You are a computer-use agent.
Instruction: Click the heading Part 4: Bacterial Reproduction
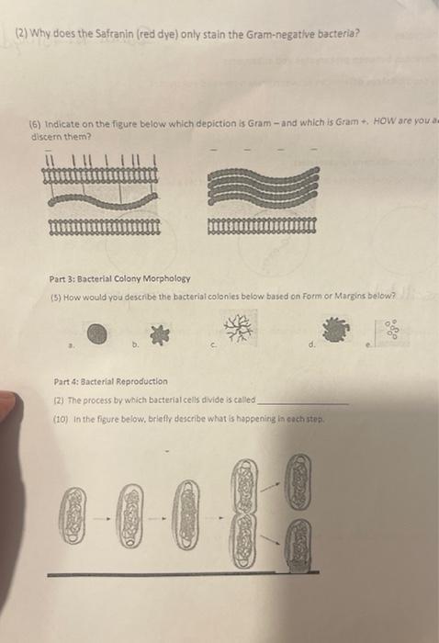(110, 380)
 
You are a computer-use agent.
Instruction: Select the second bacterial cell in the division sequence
(133, 508)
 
